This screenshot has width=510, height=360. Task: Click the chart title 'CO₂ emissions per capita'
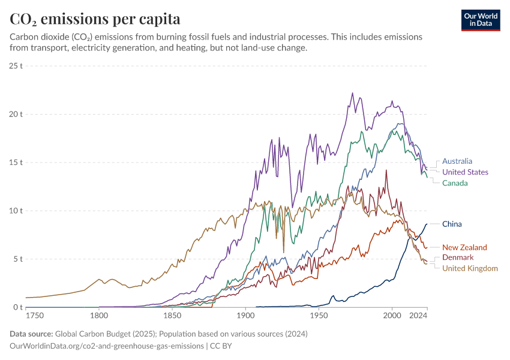[x=95, y=19]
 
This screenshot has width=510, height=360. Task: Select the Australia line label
[x=457, y=161]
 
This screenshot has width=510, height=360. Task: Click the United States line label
[x=465, y=172]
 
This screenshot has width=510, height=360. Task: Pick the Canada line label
[x=455, y=183]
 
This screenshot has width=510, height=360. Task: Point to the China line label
[x=452, y=224]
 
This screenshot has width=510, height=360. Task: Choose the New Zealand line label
[x=464, y=247]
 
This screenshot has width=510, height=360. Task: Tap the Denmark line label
[x=458, y=257]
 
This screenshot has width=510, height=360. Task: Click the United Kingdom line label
[x=470, y=268]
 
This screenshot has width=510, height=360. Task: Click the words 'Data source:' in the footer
[x=32, y=334]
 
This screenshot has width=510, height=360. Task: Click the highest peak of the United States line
[x=352, y=93]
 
